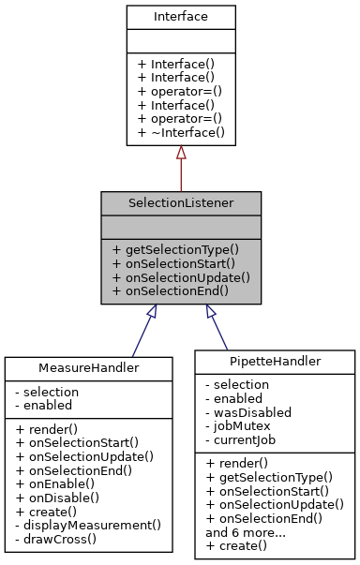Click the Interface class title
point(180,18)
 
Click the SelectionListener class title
point(181,202)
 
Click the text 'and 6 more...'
point(245,530)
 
